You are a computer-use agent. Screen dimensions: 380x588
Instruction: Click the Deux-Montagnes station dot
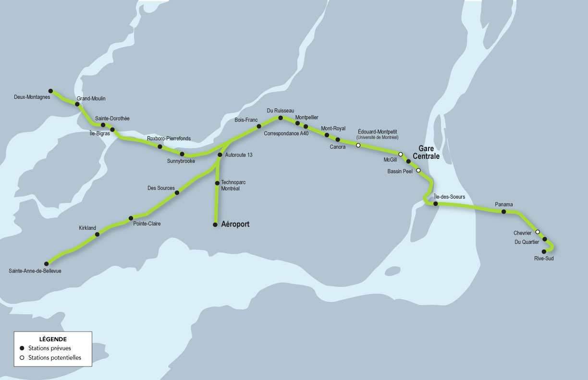tap(50, 91)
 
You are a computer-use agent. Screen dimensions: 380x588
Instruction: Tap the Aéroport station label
tap(235, 224)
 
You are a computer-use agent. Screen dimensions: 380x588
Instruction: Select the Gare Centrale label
tap(426, 153)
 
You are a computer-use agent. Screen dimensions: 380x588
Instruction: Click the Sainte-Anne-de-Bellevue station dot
tap(47, 263)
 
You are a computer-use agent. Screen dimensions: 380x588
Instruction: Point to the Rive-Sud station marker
tap(544, 251)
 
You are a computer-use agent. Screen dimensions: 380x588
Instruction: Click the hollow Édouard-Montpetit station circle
tap(358, 145)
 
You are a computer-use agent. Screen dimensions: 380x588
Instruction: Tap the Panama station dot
tap(503, 212)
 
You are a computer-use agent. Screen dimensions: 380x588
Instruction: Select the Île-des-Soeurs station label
tap(449, 196)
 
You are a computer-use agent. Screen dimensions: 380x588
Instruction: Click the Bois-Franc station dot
tap(258, 126)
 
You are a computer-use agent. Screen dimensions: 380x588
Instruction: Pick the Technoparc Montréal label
tap(230, 186)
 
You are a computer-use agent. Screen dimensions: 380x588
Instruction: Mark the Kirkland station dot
tap(98, 234)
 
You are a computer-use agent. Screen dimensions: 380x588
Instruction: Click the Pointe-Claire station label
tap(147, 224)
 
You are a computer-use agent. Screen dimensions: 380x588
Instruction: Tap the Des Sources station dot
tap(177, 192)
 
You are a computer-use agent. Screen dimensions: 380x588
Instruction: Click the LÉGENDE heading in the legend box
tap(53, 339)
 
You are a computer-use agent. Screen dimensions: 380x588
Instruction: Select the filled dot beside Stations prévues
tap(22, 348)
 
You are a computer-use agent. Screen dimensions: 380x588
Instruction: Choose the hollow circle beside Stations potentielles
tap(22, 357)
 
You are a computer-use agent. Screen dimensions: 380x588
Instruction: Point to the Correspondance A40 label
tap(286, 133)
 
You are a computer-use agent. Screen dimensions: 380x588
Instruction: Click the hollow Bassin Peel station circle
tap(418, 170)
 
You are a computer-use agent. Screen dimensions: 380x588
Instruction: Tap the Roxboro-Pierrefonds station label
tap(169, 138)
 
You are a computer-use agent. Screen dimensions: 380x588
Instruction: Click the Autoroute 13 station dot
tap(220, 155)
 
